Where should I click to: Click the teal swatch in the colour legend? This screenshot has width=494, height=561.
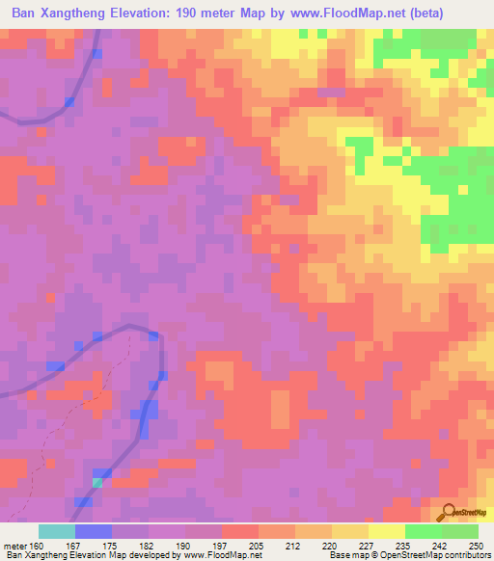(x=56, y=531)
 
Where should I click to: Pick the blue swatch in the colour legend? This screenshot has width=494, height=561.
(x=93, y=531)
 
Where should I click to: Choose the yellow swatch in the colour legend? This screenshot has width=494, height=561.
(x=386, y=531)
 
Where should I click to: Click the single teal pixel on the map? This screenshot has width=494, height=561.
(x=96, y=482)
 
